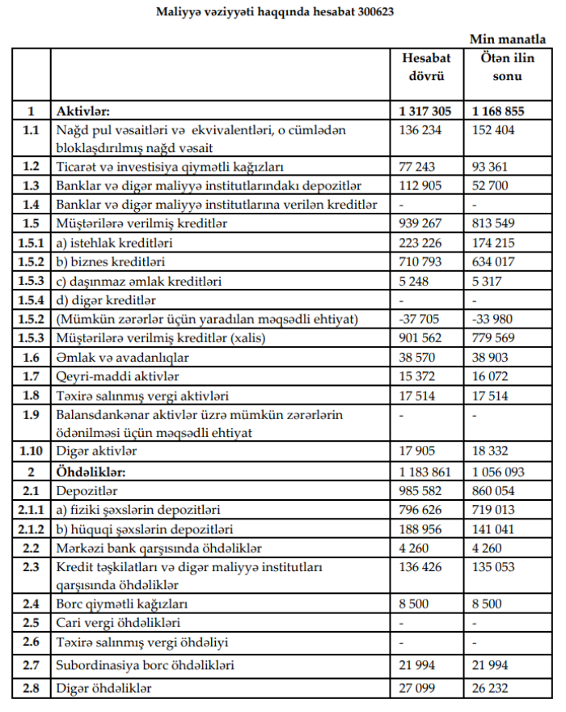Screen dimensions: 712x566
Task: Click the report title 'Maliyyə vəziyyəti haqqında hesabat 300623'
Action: (281, 13)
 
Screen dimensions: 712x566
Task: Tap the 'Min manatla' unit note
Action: (507, 40)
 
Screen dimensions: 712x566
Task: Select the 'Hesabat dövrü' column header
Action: (426, 67)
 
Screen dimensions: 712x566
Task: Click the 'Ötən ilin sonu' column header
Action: (501, 67)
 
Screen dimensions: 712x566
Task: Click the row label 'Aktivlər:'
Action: (82, 112)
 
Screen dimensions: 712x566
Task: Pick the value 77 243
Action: (418, 167)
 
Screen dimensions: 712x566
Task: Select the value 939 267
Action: (421, 223)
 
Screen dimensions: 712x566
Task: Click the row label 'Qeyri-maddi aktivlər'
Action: (116, 375)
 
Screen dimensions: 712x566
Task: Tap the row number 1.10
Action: (31, 451)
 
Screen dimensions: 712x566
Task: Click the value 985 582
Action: (421, 490)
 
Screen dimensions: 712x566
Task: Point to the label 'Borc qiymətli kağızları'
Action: (120, 604)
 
